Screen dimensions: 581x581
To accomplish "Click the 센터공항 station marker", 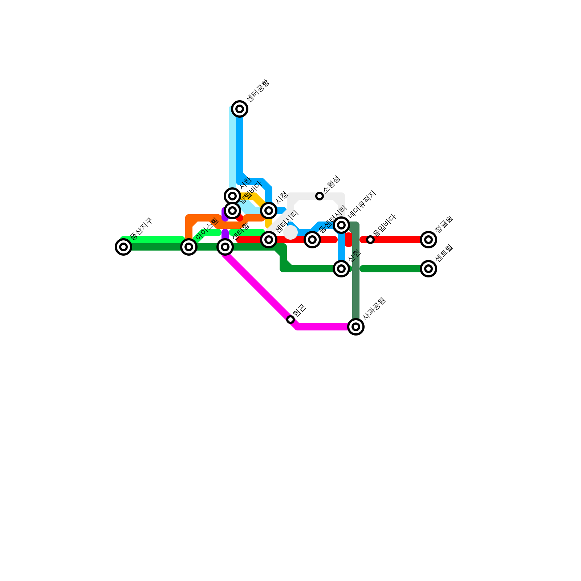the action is point(240,109).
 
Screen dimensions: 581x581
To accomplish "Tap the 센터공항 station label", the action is point(257,91).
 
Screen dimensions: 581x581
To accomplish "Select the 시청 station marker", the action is point(269,211).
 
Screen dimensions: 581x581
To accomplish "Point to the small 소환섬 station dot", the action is point(320,196).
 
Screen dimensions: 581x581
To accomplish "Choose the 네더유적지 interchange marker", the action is point(341,225).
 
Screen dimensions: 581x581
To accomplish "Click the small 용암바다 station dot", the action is point(370,240).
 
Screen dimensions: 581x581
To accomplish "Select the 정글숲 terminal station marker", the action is point(428,240).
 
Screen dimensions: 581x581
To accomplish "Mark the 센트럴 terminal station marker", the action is point(428,269).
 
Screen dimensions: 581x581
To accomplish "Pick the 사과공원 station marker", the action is point(356,327).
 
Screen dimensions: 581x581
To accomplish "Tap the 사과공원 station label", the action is point(374,309).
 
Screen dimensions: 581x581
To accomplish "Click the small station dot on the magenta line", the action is point(290,320).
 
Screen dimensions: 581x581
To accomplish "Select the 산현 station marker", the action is point(341,269).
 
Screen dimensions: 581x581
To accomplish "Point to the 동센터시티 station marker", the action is point(312,240).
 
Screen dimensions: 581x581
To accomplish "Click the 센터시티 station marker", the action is point(269,240).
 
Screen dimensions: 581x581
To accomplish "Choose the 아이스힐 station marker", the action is point(189,247).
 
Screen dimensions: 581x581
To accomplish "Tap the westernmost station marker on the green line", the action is point(123,247).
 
